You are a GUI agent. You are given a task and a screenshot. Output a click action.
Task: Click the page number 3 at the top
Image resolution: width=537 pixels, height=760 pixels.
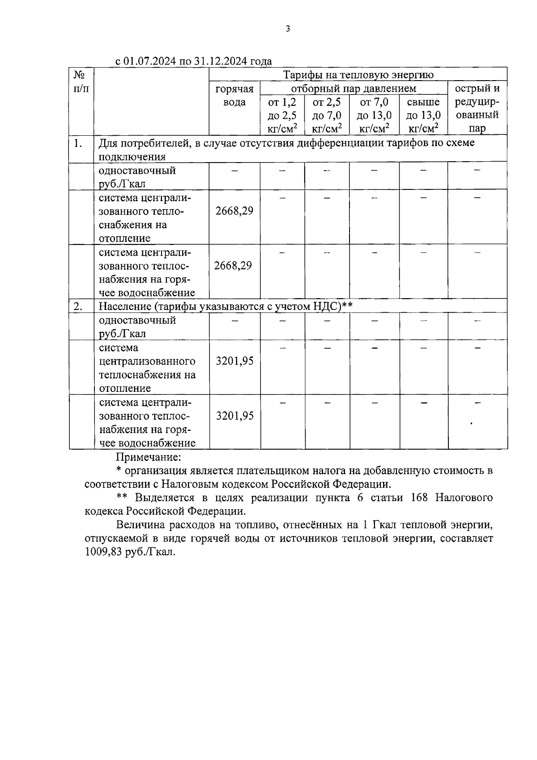tap(288, 29)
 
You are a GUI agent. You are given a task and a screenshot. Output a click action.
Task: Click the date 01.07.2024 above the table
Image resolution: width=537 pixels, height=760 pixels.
tap(150, 61)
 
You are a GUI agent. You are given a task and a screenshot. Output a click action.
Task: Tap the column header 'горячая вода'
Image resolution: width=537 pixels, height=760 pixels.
tap(234, 95)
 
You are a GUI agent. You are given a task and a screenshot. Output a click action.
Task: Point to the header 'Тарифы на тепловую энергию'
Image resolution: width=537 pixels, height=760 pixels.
tap(358, 74)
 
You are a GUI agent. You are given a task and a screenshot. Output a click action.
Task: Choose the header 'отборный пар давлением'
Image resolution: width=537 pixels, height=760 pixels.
tap(354, 88)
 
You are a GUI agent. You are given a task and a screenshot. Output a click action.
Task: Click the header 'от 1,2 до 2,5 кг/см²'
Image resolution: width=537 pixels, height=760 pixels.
tap(282, 116)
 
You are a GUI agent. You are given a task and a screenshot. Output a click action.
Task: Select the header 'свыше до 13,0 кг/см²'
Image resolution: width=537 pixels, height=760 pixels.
tap(423, 116)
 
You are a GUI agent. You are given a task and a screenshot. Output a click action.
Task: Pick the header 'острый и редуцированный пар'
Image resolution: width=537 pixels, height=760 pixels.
tap(477, 108)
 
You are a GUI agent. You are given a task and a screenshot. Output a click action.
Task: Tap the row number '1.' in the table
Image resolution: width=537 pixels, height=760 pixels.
tap(78, 143)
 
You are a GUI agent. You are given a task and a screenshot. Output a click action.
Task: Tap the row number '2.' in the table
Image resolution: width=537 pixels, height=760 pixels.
tap(78, 307)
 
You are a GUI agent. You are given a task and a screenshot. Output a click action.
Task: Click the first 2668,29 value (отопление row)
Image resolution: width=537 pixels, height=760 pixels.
tap(234, 211)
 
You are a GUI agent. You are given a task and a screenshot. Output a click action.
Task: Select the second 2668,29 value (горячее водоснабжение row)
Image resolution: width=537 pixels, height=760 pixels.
tap(233, 266)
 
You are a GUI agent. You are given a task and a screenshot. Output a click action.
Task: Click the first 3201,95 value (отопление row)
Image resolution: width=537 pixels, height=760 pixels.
tap(234, 361)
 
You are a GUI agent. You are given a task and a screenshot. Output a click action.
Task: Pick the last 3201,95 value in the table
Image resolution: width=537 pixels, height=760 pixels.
tap(234, 416)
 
